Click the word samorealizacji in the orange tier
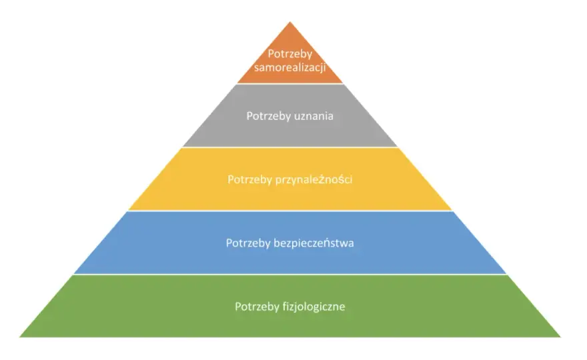(289, 68)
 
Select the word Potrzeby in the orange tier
(290, 54)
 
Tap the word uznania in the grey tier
(312, 116)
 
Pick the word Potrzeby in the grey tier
(267, 117)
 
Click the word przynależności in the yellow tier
(314, 180)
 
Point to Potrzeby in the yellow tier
(249, 180)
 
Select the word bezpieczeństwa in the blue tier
(314, 243)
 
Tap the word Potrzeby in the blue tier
(248, 243)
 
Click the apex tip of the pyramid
(289, 22)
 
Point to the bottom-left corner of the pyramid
(19, 337)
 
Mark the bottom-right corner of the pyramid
(560, 337)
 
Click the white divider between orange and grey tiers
(289, 83)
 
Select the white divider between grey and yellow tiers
(289, 147)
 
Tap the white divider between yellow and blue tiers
(289, 211)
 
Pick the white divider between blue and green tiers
(289, 274)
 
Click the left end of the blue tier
(75, 273)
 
